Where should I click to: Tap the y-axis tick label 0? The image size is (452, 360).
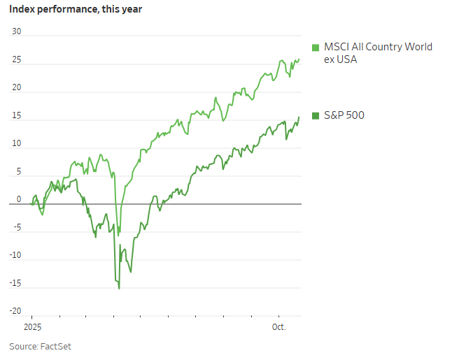coord(19,199)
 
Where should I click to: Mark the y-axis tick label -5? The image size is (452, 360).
coord(16,227)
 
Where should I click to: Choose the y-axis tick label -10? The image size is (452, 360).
coord(15,255)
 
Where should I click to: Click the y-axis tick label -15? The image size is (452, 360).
coord(15,283)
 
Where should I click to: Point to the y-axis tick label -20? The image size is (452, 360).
coord(15,311)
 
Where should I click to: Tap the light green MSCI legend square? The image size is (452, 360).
coord(316,47)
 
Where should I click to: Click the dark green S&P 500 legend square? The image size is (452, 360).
coord(316,115)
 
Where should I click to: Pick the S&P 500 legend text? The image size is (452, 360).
coord(344,115)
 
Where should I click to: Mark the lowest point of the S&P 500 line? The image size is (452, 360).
coord(119,288)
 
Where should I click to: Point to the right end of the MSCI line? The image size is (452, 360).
coord(299,59)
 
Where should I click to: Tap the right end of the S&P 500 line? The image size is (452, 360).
coord(299,117)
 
